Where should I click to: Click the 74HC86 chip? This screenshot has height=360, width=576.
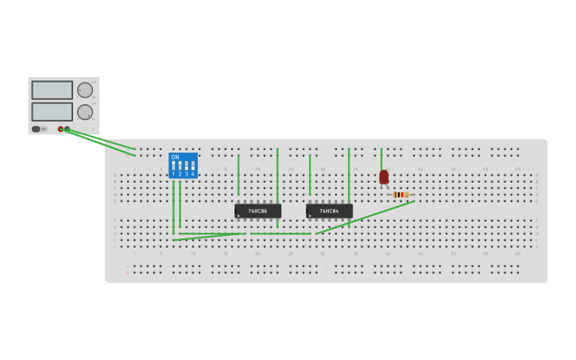coord(257,211)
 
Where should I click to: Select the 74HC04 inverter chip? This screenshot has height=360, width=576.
coord(329,211)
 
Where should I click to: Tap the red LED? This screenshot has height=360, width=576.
coord(384,176)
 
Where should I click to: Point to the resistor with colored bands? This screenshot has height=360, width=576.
coord(400,195)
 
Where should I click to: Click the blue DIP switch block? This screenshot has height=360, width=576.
coord(183,165)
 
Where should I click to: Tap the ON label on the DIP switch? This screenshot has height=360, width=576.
coord(175,157)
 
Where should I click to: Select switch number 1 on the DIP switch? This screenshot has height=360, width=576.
coord(174,166)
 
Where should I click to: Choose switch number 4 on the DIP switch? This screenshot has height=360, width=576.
coord(192,166)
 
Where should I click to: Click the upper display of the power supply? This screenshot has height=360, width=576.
coord(52,90)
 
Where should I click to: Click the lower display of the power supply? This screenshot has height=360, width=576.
coord(52,111)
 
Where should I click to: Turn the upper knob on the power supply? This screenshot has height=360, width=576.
coord(85,90)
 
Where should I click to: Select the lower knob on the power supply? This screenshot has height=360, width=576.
coord(85,112)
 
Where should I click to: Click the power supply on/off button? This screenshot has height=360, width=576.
coord(36,129)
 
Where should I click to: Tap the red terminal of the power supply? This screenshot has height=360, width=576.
coord(60,129)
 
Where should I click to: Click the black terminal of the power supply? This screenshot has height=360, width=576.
coord(67,129)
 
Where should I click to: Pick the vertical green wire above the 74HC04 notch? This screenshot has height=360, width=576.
coord(310,175)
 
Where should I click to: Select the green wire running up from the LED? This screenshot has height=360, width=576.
coord(381,158)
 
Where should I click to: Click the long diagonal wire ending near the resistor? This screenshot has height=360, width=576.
coord(365,217)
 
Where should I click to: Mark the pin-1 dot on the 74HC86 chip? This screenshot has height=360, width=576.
coord(238,215)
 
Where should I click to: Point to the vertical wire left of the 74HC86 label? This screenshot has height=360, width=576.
coord(238,175)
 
